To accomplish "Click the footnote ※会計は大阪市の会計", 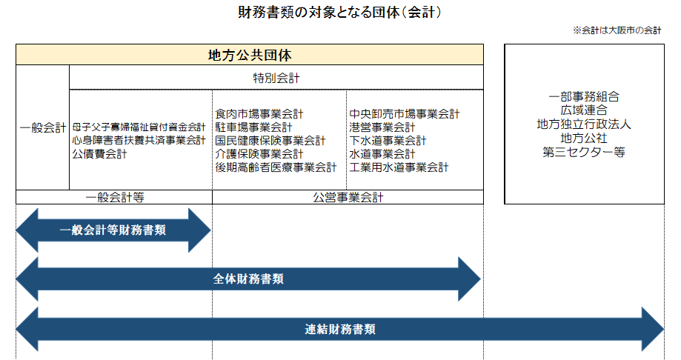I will click(617, 31).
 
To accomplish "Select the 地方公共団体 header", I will click(249, 55).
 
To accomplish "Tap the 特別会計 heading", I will click(276, 78).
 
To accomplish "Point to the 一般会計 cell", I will click(42, 127).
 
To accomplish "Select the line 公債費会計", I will click(99, 154).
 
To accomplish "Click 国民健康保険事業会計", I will click(270, 141).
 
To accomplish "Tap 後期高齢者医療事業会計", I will click(276, 167).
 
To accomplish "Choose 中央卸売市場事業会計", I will click(404, 114).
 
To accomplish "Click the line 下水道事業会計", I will click(388, 141).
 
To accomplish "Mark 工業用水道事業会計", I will click(399, 167).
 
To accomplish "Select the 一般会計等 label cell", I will click(114, 198).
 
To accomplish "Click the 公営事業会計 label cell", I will click(348, 198).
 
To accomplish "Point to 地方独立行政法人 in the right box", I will click(584, 124).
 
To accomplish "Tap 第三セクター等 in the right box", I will click(584, 152).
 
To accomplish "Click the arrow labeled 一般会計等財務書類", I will click(113, 230).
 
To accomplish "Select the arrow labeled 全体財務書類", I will click(248, 279).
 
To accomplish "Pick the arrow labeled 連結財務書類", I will click(340, 329).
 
